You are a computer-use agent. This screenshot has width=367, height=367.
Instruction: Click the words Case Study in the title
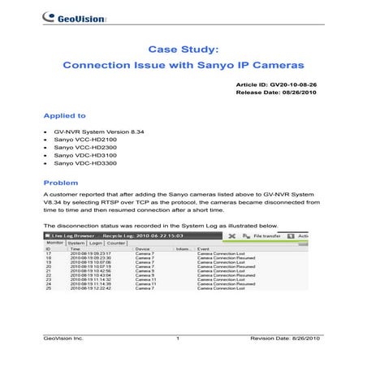click(183, 49)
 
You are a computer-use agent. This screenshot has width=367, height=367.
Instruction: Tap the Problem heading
click(61, 183)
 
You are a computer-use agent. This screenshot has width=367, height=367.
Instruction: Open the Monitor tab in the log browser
click(54, 243)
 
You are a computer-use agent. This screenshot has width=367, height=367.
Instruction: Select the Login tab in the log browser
click(96, 243)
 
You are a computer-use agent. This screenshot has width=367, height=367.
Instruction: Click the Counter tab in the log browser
click(116, 243)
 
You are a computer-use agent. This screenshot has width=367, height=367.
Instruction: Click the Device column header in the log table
click(142, 249)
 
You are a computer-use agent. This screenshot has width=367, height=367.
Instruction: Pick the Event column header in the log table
click(203, 249)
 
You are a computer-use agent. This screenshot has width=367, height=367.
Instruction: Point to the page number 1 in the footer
click(177, 336)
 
